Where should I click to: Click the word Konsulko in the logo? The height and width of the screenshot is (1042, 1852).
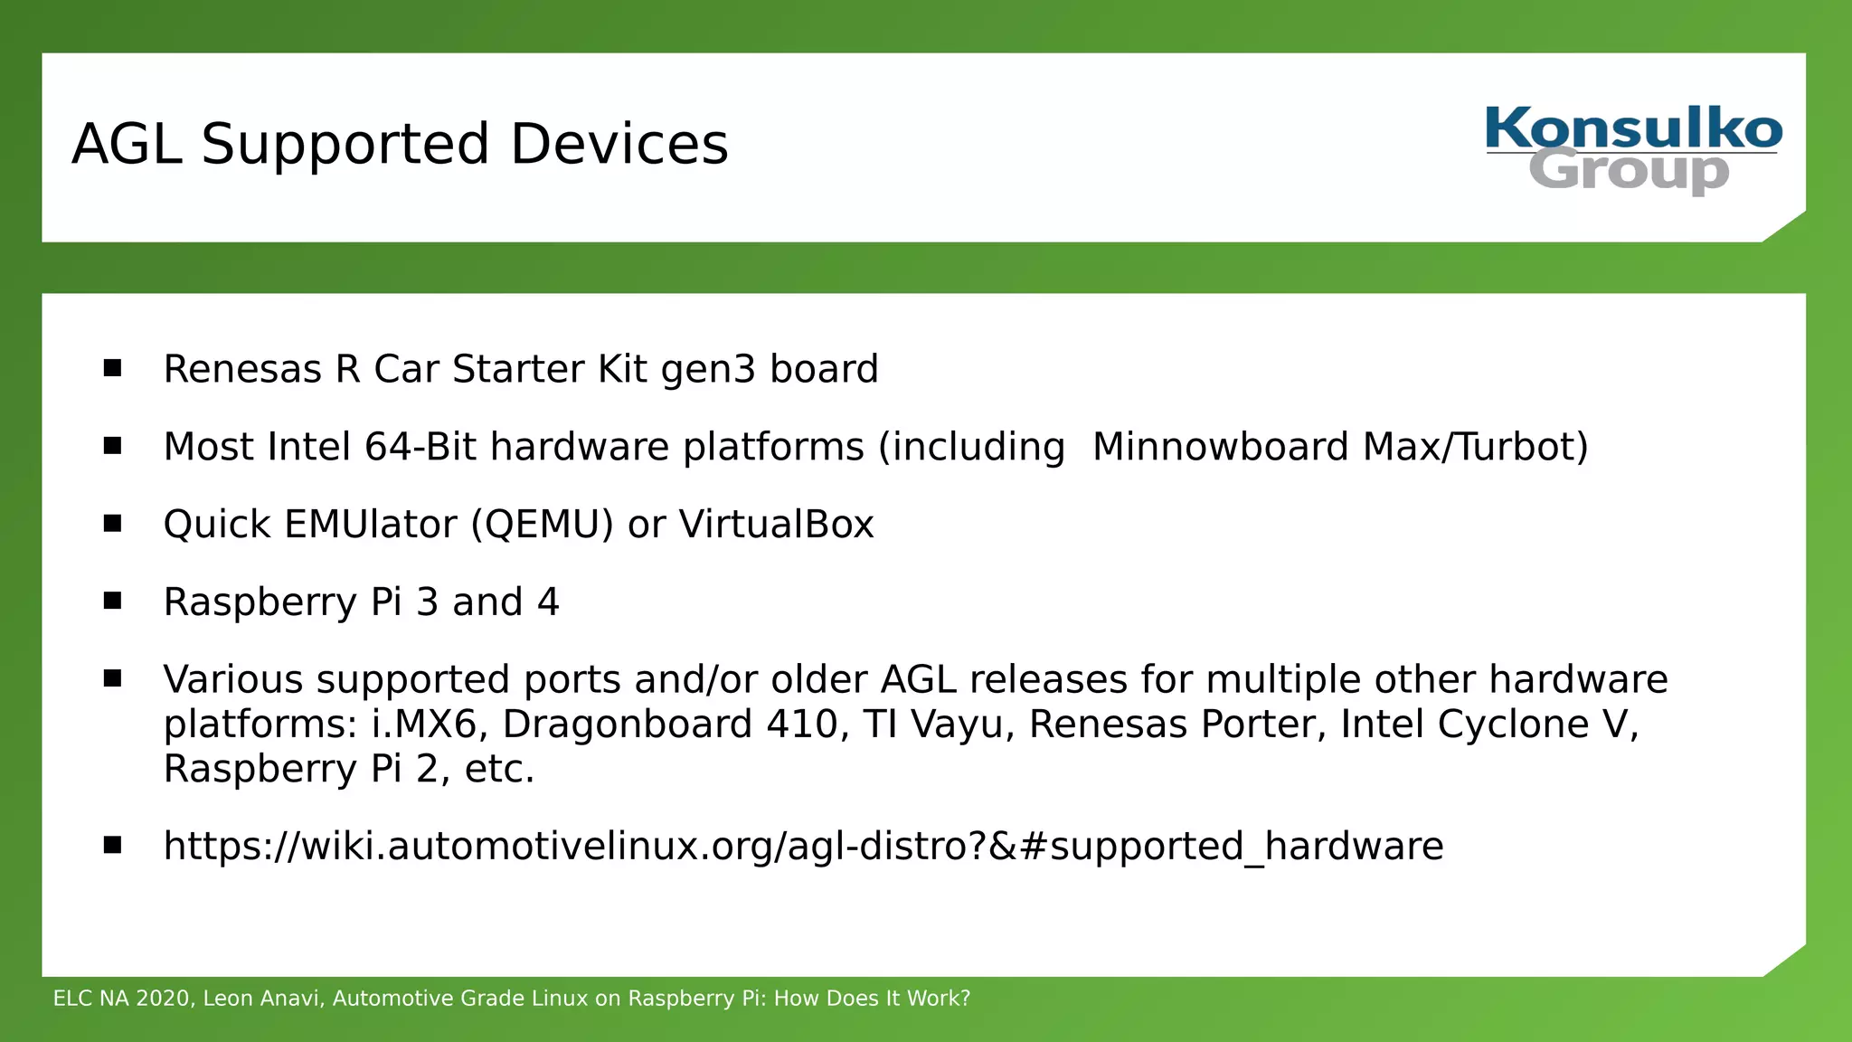1633,128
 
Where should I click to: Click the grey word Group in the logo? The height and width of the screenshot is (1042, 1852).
1628,170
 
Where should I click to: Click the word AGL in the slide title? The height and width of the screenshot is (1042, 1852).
127,145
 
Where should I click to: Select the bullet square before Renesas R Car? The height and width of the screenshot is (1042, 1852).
112,368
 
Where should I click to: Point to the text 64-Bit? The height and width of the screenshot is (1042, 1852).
419,447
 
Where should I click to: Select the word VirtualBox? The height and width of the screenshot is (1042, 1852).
776,525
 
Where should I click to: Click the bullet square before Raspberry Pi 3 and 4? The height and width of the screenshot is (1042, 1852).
112,601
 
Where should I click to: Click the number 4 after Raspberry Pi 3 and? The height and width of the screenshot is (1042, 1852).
548,602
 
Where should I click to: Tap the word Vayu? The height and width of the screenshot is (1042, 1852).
964,725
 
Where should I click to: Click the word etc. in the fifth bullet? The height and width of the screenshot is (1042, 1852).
499,769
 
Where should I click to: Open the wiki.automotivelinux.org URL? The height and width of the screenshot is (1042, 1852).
802,847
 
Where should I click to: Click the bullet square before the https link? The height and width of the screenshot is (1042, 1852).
112,845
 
